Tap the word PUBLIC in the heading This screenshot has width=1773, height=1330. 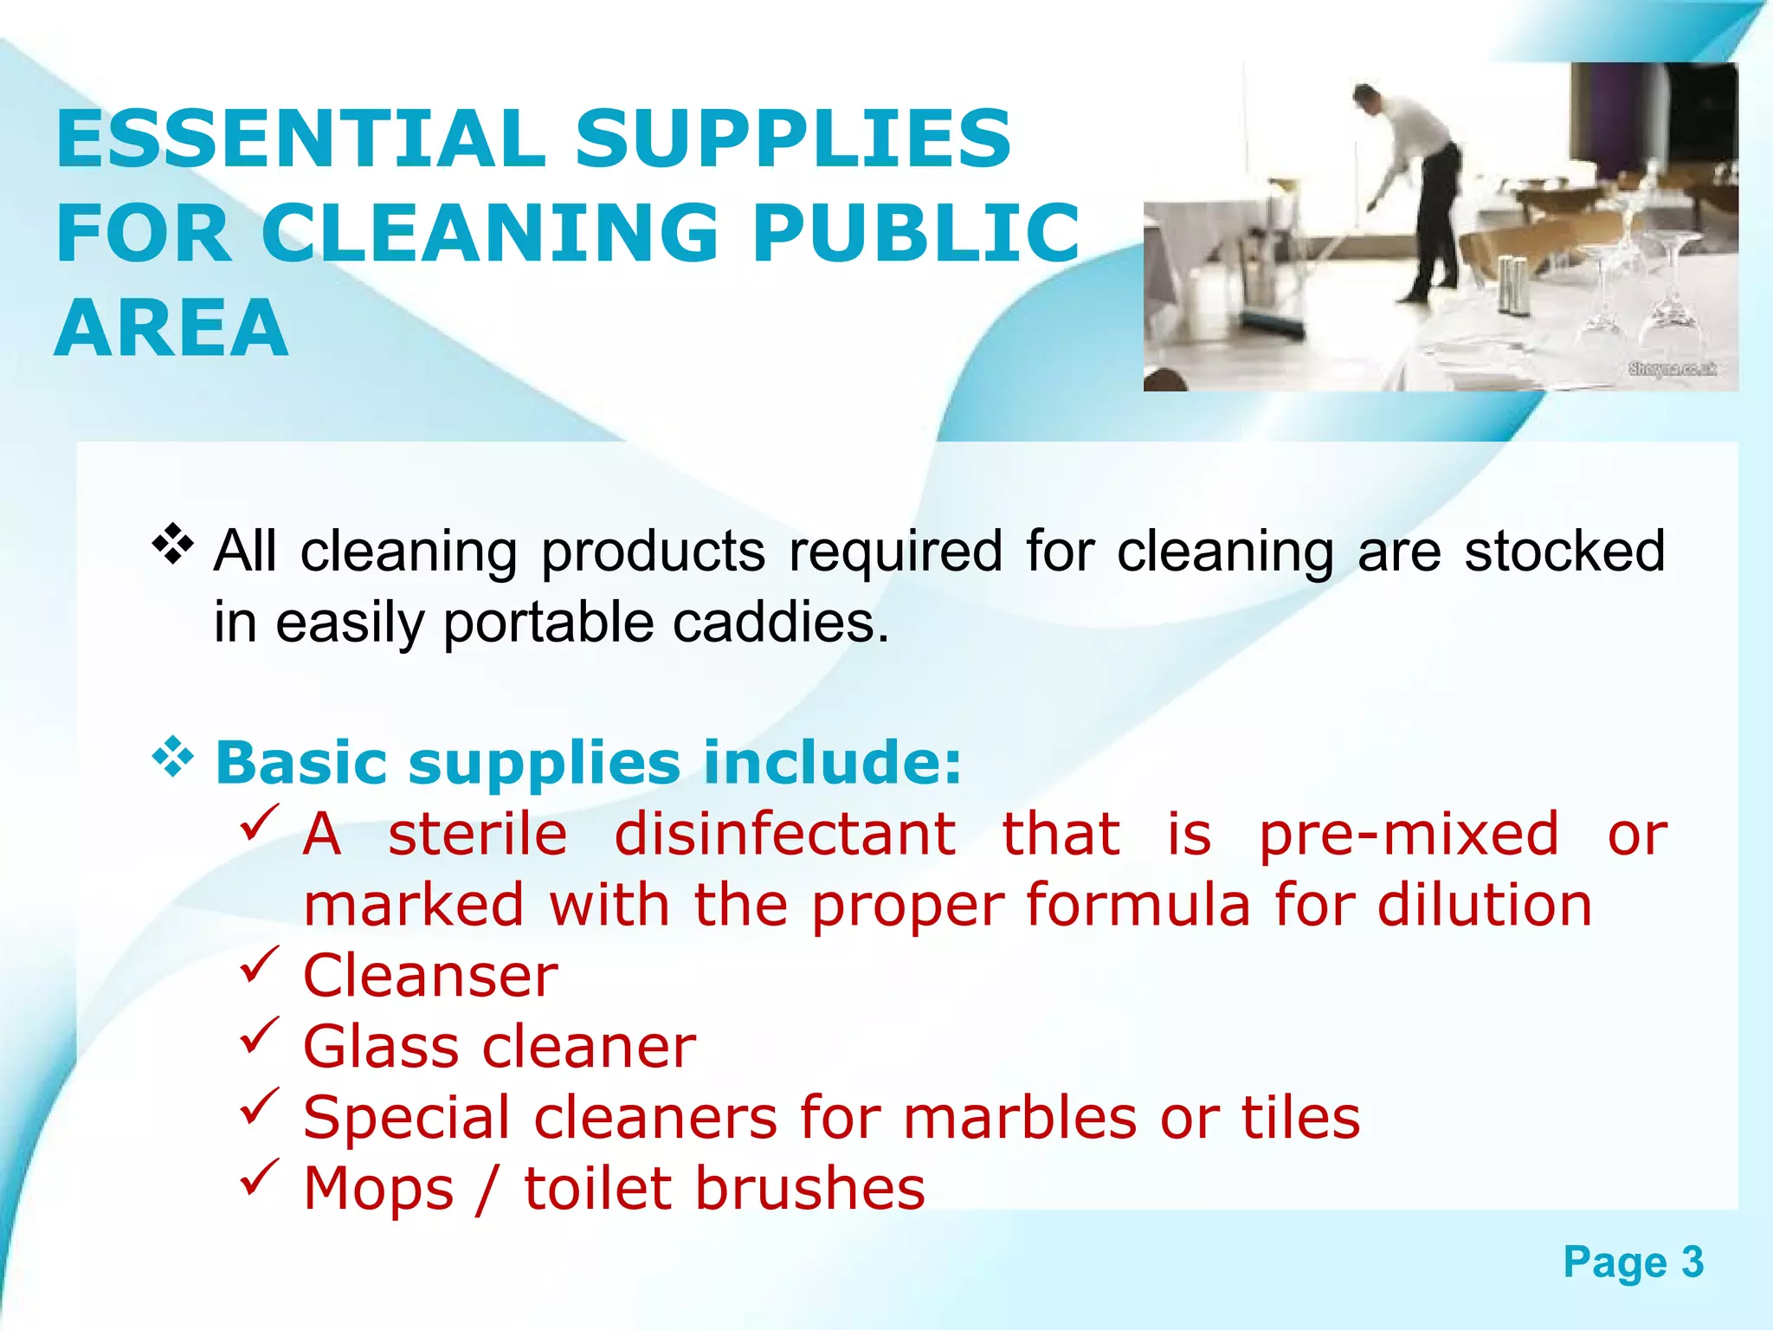(x=916, y=233)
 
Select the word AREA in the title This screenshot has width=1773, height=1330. (x=171, y=328)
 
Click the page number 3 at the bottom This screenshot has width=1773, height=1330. (x=1692, y=1262)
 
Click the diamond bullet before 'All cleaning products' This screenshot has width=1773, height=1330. (x=172, y=545)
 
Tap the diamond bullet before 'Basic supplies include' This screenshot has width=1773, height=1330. (x=172, y=757)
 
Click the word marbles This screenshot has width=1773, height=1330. (x=1019, y=1117)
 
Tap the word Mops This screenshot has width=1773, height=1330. (x=378, y=1188)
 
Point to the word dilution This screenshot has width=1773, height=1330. (x=1484, y=905)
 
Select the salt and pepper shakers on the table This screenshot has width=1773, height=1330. (x=1513, y=286)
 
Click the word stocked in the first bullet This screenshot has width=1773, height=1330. (x=1563, y=552)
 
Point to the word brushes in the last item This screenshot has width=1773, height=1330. (x=810, y=1188)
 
